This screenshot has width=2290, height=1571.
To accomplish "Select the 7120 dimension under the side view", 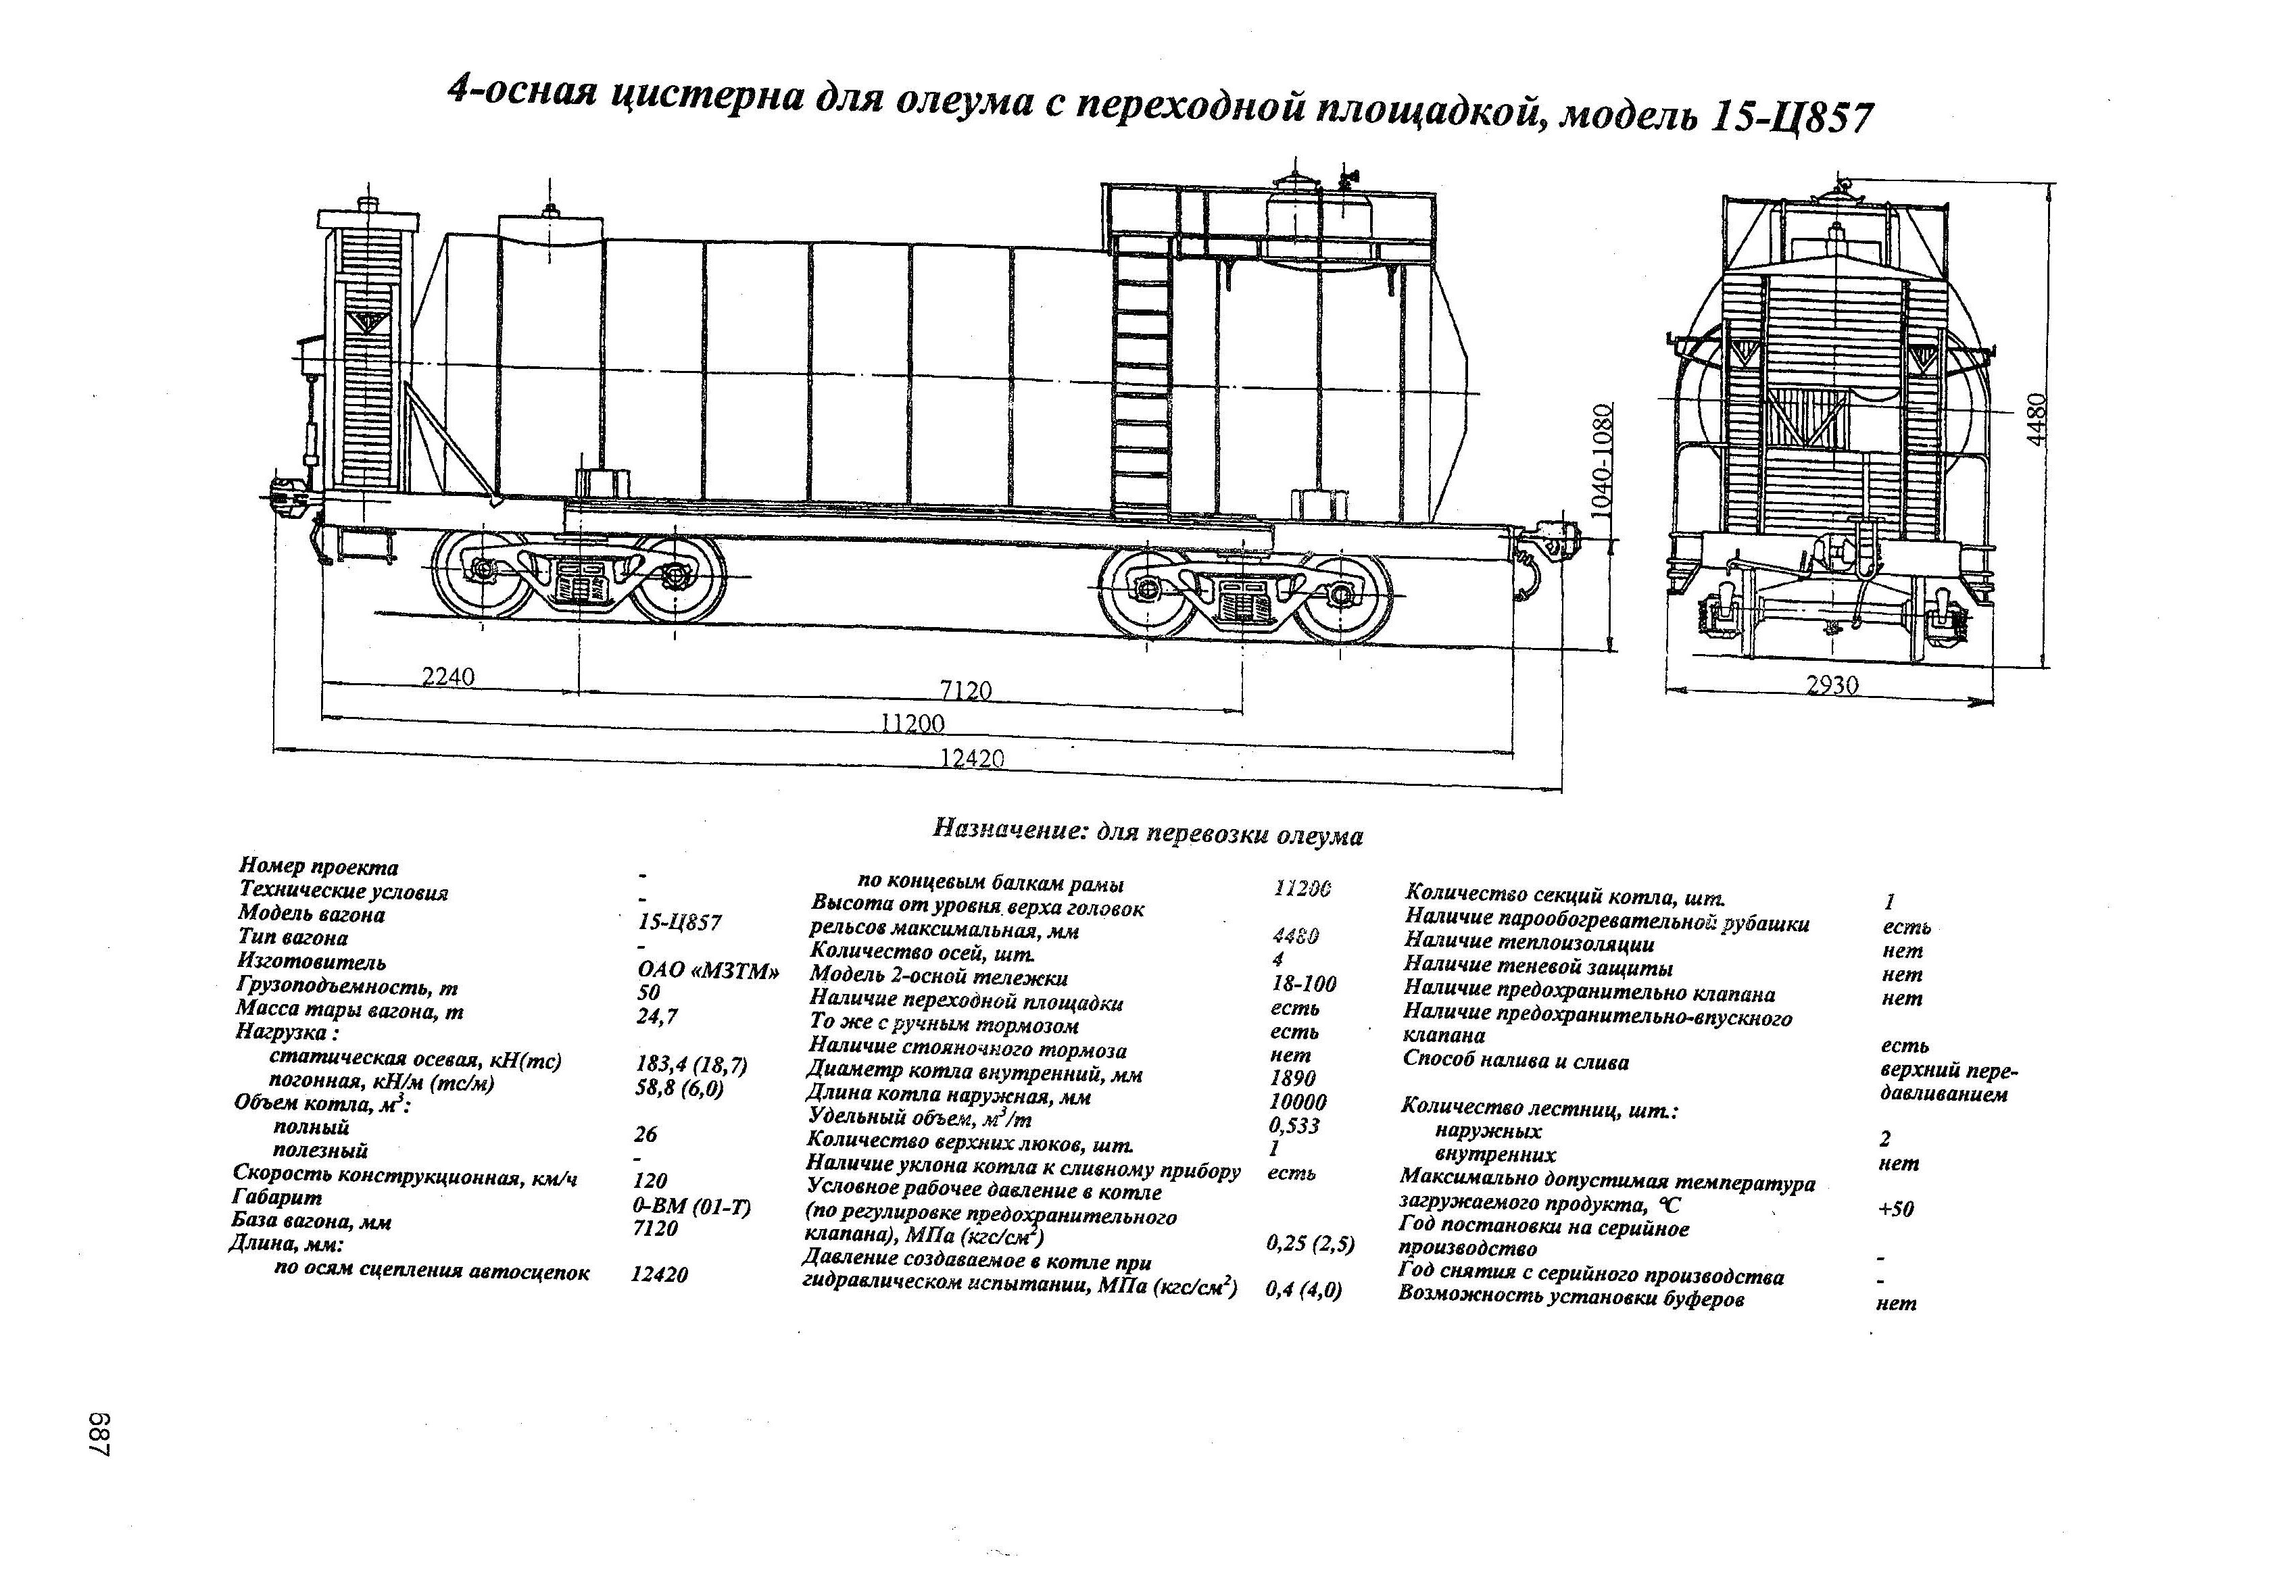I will coord(966,691).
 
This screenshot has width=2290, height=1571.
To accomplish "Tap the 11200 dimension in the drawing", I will coord(912,724).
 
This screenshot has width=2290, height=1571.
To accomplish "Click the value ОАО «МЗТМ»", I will coord(708,971).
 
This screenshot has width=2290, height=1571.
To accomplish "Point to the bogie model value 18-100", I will coord(1304,983).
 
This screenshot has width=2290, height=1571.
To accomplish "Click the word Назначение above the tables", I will coord(1007,828).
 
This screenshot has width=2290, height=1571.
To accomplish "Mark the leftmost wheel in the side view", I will coord(483,574).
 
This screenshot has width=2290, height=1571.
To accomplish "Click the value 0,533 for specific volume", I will coord(1294,1126).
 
